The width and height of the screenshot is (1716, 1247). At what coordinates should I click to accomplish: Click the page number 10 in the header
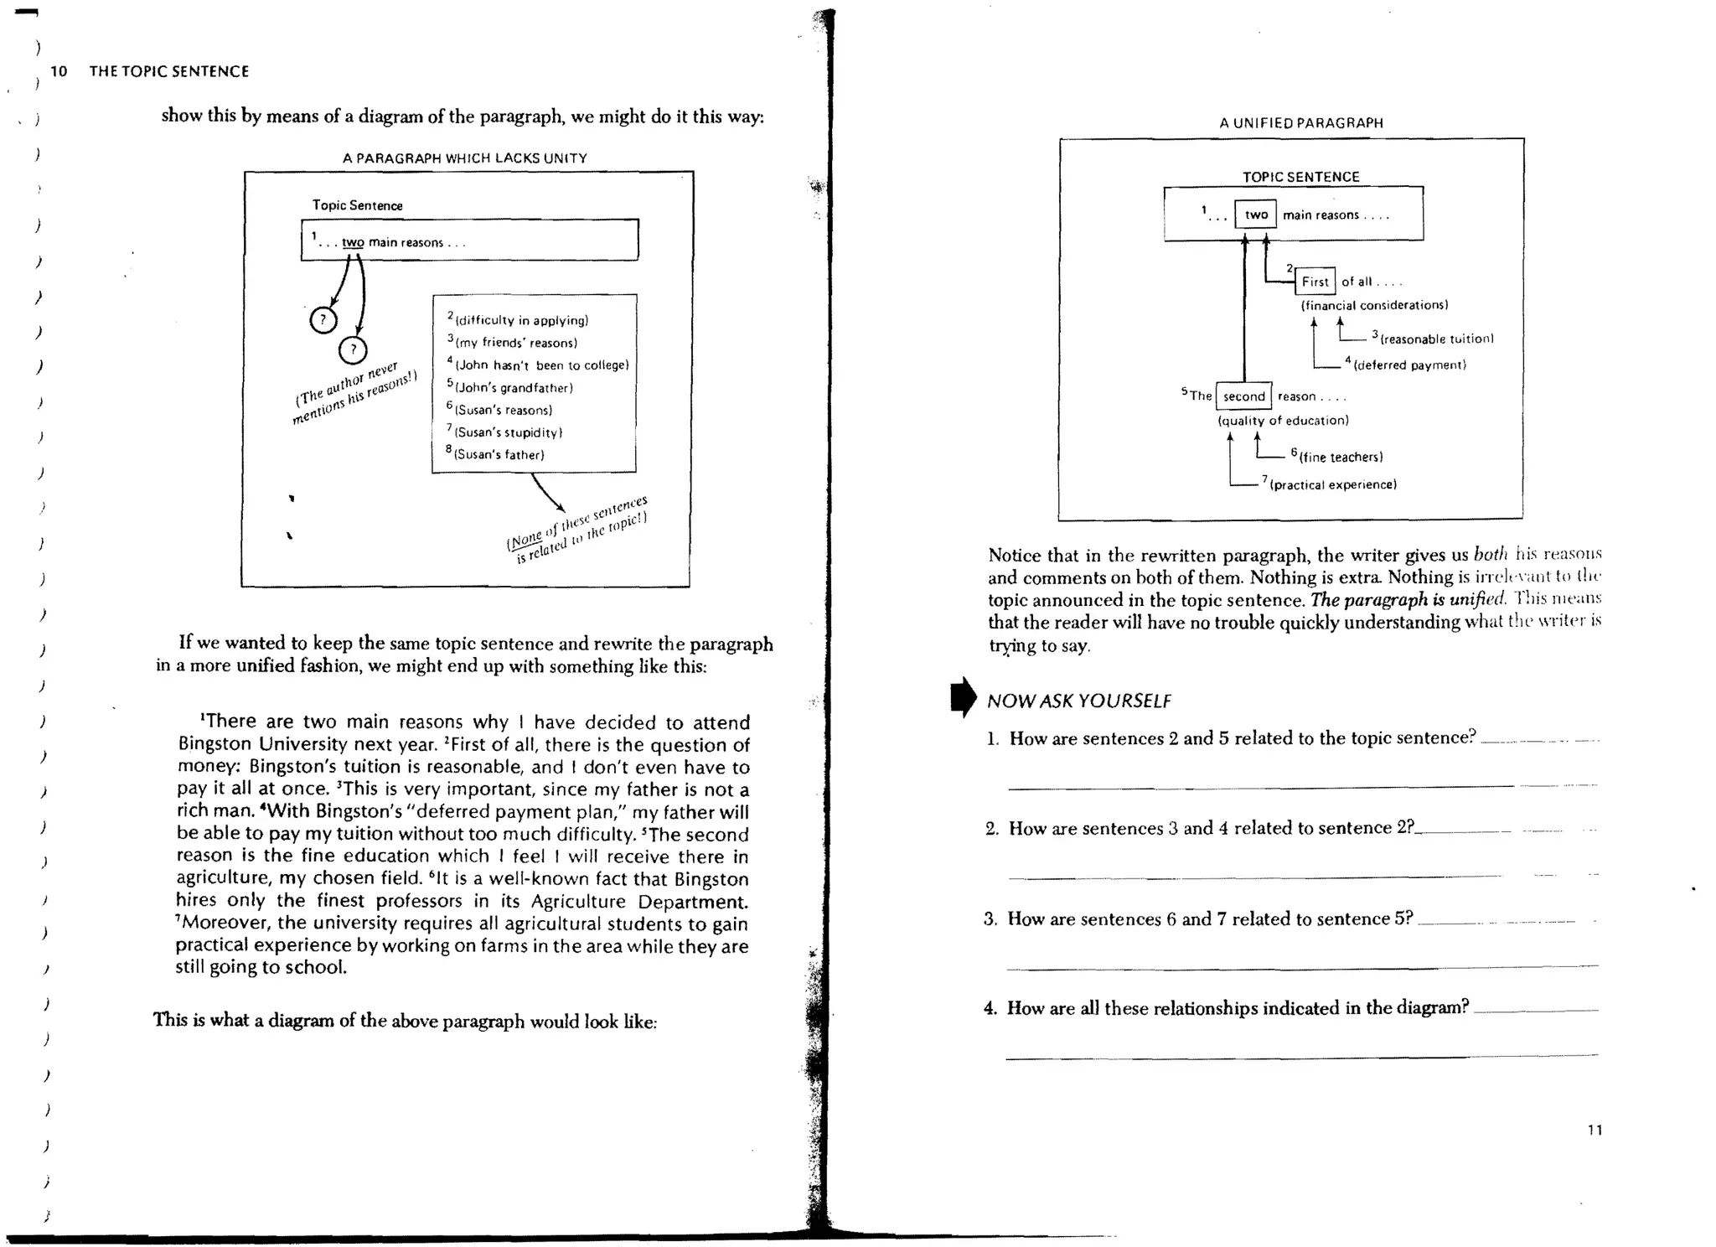pyautogui.click(x=59, y=71)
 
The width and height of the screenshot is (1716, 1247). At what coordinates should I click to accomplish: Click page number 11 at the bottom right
pyautogui.click(x=1595, y=1130)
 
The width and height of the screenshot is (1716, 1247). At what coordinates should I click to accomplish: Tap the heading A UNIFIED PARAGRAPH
pyautogui.click(x=1300, y=122)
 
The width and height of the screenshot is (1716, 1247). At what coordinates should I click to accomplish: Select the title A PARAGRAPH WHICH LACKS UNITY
pyautogui.click(x=464, y=158)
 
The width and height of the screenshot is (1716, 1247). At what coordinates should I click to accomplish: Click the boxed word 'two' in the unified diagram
pyautogui.click(x=1255, y=215)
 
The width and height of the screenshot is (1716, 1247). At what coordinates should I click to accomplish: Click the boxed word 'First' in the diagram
pyautogui.click(x=1315, y=282)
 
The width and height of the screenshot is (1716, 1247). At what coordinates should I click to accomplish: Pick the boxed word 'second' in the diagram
pyautogui.click(x=1243, y=396)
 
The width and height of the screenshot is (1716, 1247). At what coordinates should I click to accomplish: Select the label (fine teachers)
pyautogui.click(x=1341, y=457)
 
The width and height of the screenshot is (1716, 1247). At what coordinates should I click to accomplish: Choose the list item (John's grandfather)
pyautogui.click(x=513, y=388)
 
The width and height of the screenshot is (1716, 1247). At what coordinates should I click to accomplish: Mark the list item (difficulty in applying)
pyautogui.click(x=520, y=320)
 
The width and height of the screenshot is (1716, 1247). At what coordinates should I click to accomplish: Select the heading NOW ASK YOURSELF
pyautogui.click(x=1078, y=701)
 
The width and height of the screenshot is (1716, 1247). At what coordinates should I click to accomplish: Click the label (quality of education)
pyautogui.click(x=1283, y=421)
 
